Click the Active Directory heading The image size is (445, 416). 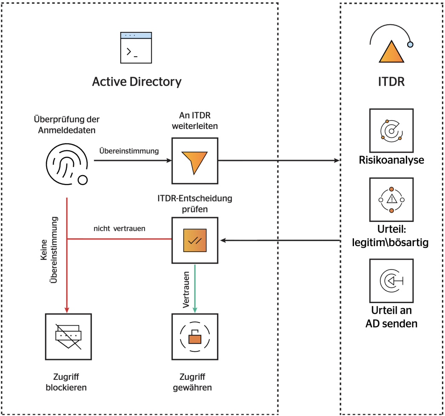137,81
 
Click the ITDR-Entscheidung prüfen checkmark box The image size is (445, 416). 194,241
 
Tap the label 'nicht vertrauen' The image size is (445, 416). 120,229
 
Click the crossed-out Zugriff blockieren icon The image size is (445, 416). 68,336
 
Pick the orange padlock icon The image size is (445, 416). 194,336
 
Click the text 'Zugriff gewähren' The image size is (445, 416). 194,382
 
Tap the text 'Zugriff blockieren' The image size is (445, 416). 68,382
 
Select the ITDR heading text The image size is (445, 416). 391,81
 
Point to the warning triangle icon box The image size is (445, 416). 391,200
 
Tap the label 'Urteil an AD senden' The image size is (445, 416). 391,317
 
